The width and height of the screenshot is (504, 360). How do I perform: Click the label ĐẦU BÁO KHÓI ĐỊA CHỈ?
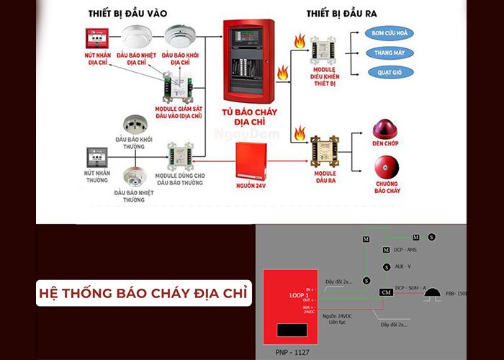tap(179, 58)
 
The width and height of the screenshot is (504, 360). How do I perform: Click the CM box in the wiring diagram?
tap(386, 292)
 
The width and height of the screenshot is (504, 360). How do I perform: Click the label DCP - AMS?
tap(406, 250)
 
